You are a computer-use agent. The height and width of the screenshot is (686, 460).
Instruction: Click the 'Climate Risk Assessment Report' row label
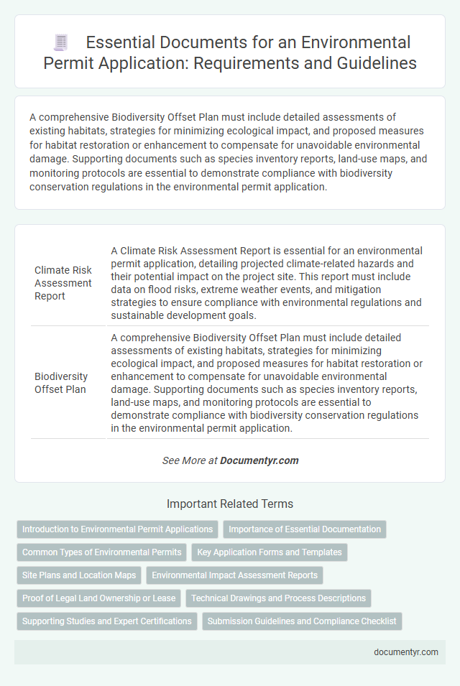click(x=63, y=283)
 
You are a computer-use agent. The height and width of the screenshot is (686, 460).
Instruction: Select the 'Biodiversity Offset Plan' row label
click(x=61, y=381)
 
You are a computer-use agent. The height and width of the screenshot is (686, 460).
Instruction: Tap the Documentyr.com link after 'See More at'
click(x=259, y=460)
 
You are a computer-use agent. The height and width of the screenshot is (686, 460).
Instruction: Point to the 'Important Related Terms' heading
click(x=230, y=504)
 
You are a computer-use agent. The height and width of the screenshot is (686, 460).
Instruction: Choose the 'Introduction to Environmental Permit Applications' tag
click(x=117, y=529)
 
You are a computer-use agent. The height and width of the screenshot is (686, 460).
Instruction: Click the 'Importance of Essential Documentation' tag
click(x=305, y=529)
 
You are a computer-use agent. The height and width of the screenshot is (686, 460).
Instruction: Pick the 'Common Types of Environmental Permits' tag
click(x=101, y=552)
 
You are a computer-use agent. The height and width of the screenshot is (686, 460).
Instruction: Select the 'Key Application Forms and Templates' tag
click(x=270, y=552)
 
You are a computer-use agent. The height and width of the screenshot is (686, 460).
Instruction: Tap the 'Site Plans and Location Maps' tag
click(x=79, y=575)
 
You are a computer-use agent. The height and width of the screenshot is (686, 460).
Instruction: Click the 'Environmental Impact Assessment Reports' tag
click(x=234, y=575)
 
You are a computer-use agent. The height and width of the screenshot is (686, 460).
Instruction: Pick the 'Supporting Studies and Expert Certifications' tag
click(x=106, y=621)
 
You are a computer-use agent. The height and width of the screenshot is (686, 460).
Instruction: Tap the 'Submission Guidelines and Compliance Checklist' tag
click(x=302, y=621)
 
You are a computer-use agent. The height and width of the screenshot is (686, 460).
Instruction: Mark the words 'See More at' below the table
click(x=190, y=460)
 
